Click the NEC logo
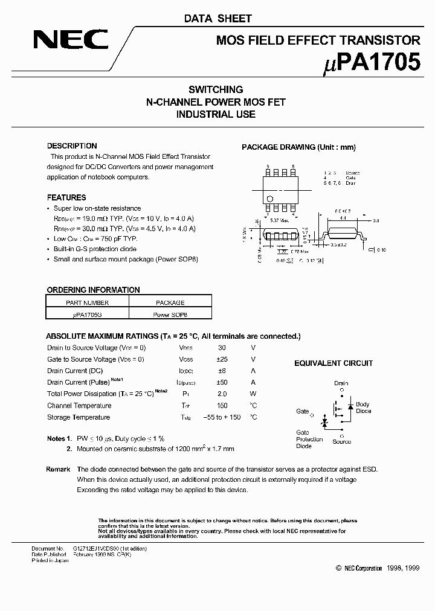pos(70,40)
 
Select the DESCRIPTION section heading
pos(72,146)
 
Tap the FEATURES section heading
pos(66,197)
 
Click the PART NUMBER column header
pos(88,302)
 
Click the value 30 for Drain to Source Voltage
pos(222,348)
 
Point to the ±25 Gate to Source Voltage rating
pos(222,359)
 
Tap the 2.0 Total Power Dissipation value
pos(222,394)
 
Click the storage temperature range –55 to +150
pos(222,417)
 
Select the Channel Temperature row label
pos(79,406)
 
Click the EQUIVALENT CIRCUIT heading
pos(333,363)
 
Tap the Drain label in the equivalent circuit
pos(341,383)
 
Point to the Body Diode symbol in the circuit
pos(350,408)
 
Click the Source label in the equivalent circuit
pos(341,442)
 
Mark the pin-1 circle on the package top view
pos(270,199)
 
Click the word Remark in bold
pos(58,469)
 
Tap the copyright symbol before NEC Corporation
pos(338,568)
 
